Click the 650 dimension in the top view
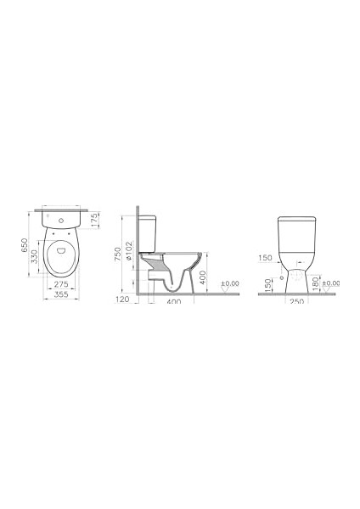[x=24, y=246]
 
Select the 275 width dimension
[x=61, y=284]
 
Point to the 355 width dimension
[x=61, y=294]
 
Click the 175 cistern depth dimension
[x=94, y=220]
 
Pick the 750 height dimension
[x=118, y=254]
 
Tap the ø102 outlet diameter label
[x=129, y=250]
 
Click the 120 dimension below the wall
[x=122, y=299]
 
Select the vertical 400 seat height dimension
[x=203, y=277]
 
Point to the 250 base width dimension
[x=296, y=301]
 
